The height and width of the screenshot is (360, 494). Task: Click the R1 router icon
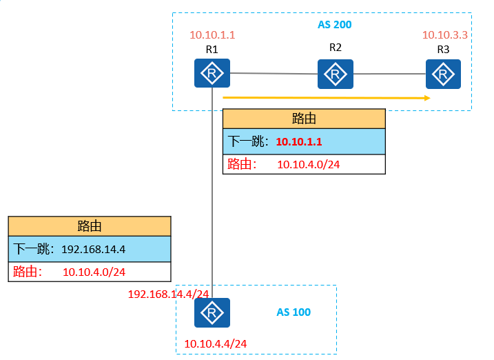click(x=212, y=73)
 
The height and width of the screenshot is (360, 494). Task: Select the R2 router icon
click(x=336, y=74)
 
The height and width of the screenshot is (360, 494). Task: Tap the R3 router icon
click(x=443, y=74)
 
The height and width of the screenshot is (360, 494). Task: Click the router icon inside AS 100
click(x=212, y=312)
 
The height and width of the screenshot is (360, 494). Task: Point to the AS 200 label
click(x=335, y=25)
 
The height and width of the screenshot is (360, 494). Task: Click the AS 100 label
click(x=294, y=312)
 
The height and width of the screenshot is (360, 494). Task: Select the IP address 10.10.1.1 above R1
click(x=212, y=35)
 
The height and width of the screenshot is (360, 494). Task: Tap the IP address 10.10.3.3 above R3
click(x=445, y=35)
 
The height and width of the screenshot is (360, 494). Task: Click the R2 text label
click(x=336, y=48)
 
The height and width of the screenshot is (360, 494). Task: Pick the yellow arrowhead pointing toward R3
click(x=428, y=98)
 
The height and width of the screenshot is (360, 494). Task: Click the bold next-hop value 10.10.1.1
click(x=299, y=142)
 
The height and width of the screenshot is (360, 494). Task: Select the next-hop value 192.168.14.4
click(x=93, y=250)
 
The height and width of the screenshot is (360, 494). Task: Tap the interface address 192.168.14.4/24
click(x=168, y=294)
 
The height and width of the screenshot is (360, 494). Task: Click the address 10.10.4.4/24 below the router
click(x=216, y=344)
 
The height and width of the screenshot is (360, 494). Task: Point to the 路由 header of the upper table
click(x=304, y=119)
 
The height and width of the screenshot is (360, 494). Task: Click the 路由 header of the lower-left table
click(x=90, y=226)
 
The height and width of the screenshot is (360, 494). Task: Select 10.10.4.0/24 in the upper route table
click(x=309, y=165)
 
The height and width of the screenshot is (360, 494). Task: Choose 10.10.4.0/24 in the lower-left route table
click(x=94, y=272)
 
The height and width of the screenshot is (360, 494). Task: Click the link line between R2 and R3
click(x=389, y=74)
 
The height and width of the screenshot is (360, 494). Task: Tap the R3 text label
click(x=443, y=50)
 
